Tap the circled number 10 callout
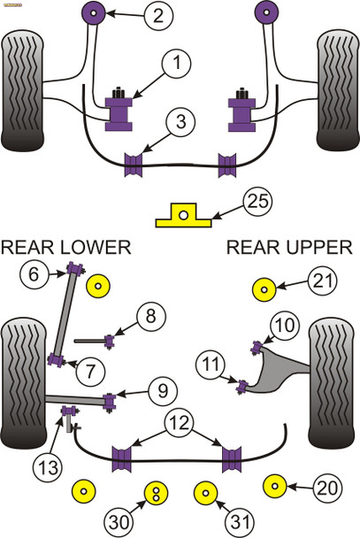tap(286, 327)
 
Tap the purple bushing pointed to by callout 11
tap(241, 383)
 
